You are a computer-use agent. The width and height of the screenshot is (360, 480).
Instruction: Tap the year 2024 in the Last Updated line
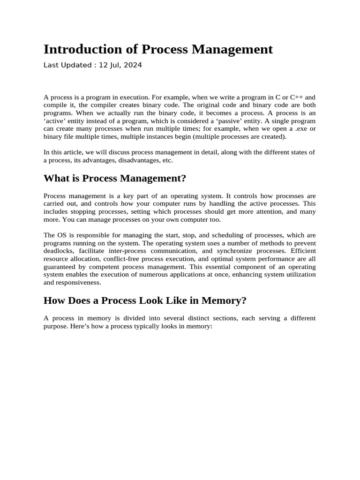pos(133,65)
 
